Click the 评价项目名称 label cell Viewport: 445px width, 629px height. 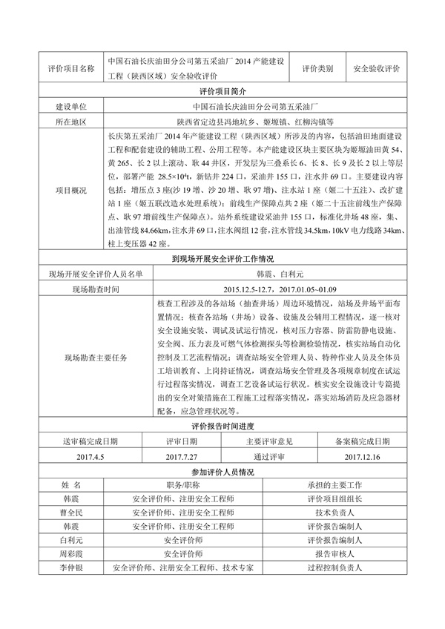pyautogui.click(x=70, y=67)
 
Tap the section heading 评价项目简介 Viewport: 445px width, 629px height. pyautogui.click(x=222, y=92)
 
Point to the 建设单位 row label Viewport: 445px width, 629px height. pyautogui.click(x=70, y=107)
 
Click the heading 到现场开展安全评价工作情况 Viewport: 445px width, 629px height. pyautogui.click(x=222, y=259)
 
